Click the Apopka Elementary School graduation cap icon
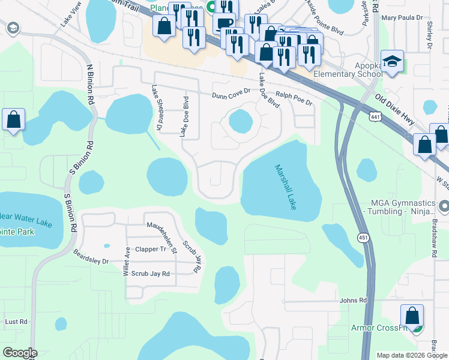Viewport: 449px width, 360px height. pyautogui.click(x=393, y=62)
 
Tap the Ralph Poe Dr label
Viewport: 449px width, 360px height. pyautogui.click(x=294, y=98)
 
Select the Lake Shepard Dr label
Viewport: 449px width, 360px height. pyautogui.click(x=157, y=108)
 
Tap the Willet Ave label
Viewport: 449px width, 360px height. pyautogui.click(x=127, y=262)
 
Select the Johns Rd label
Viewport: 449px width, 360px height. pyautogui.click(x=352, y=301)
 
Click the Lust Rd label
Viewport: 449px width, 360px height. pyautogui.click(x=16, y=322)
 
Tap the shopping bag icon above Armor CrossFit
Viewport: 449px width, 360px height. pyautogui.click(x=412, y=316)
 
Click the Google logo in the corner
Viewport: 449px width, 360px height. pyautogui.click(x=20, y=353)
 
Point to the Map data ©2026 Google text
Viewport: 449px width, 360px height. pyautogui.click(x=411, y=355)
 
